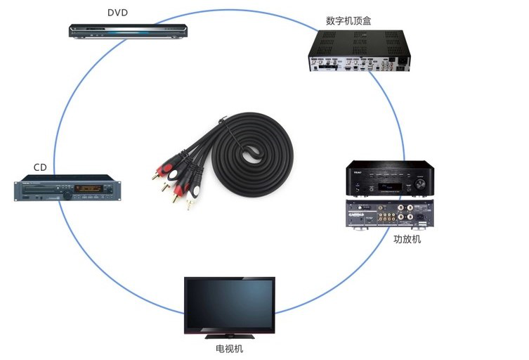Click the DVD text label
pyautogui.click(x=118, y=13)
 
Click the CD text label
pyautogui.click(x=40, y=167)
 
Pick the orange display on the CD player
pyautogui.click(x=89, y=188)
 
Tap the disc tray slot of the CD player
pyautogui.click(x=42, y=187)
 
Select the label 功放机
pyautogui.click(x=407, y=240)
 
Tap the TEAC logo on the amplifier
pyautogui.click(x=358, y=172)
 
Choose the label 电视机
pyautogui.click(x=229, y=349)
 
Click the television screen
pyautogui.click(x=229, y=304)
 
